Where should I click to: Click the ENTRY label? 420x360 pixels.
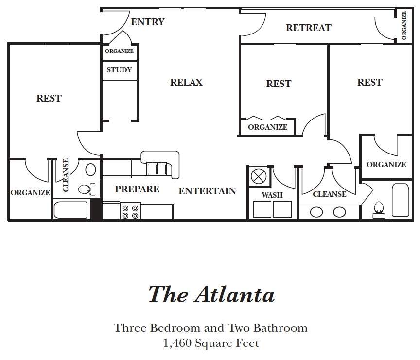pyautogui.click(x=148, y=22)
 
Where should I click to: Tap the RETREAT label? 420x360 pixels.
pyautogui.click(x=308, y=28)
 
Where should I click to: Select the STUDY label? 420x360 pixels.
pyautogui.click(x=119, y=69)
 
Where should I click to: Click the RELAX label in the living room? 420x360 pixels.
pyautogui.click(x=186, y=82)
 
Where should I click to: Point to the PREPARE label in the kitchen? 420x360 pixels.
pyautogui.click(x=137, y=189)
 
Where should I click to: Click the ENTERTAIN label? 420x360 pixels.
pyautogui.click(x=207, y=191)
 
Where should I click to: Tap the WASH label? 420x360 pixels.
pyautogui.click(x=272, y=195)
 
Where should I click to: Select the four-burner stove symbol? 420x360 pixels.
pyautogui.click(x=130, y=211)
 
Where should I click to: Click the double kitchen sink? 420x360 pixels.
pyautogui.click(x=158, y=169)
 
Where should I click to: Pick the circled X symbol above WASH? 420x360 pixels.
pyautogui.click(x=258, y=175)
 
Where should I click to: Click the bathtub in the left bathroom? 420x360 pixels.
pyautogui.click(x=71, y=210)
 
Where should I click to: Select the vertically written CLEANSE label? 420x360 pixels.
pyautogui.click(x=65, y=175)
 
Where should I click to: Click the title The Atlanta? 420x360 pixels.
pyautogui.click(x=211, y=294)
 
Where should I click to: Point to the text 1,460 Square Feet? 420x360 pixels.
pyautogui.click(x=211, y=343)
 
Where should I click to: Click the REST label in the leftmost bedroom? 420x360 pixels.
pyautogui.click(x=49, y=98)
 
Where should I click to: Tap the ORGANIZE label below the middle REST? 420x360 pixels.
pyautogui.click(x=268, y=127)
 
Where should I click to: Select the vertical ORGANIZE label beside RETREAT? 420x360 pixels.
pyautogui.click(x=404, y=25)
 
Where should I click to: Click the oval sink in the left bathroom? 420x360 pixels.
pyautogui.click(x=90, y=170)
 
